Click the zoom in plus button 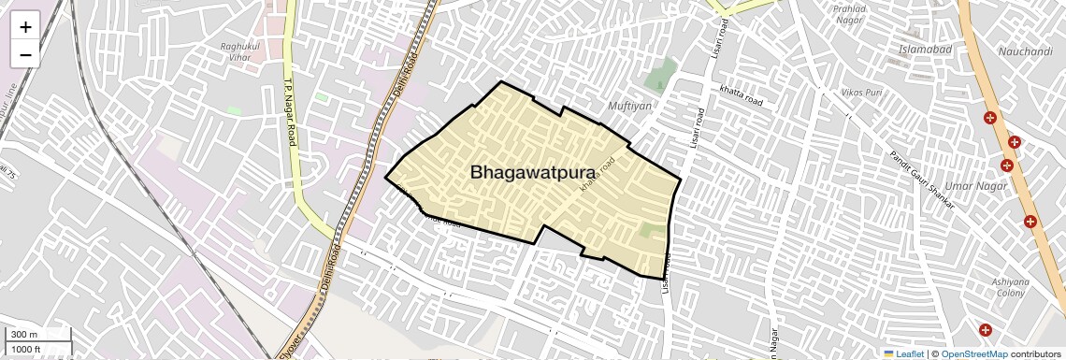coord(25,27)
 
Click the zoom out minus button coord(25,54)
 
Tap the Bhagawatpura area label coord(533,172)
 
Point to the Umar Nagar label coord(976,186)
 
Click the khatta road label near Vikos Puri coord(742,94)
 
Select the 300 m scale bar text coord(24,335)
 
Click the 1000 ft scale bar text coord(26,349)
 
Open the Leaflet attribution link coord(904,353)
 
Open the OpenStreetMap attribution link coord(973,353)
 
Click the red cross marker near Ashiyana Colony coord(986,330)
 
